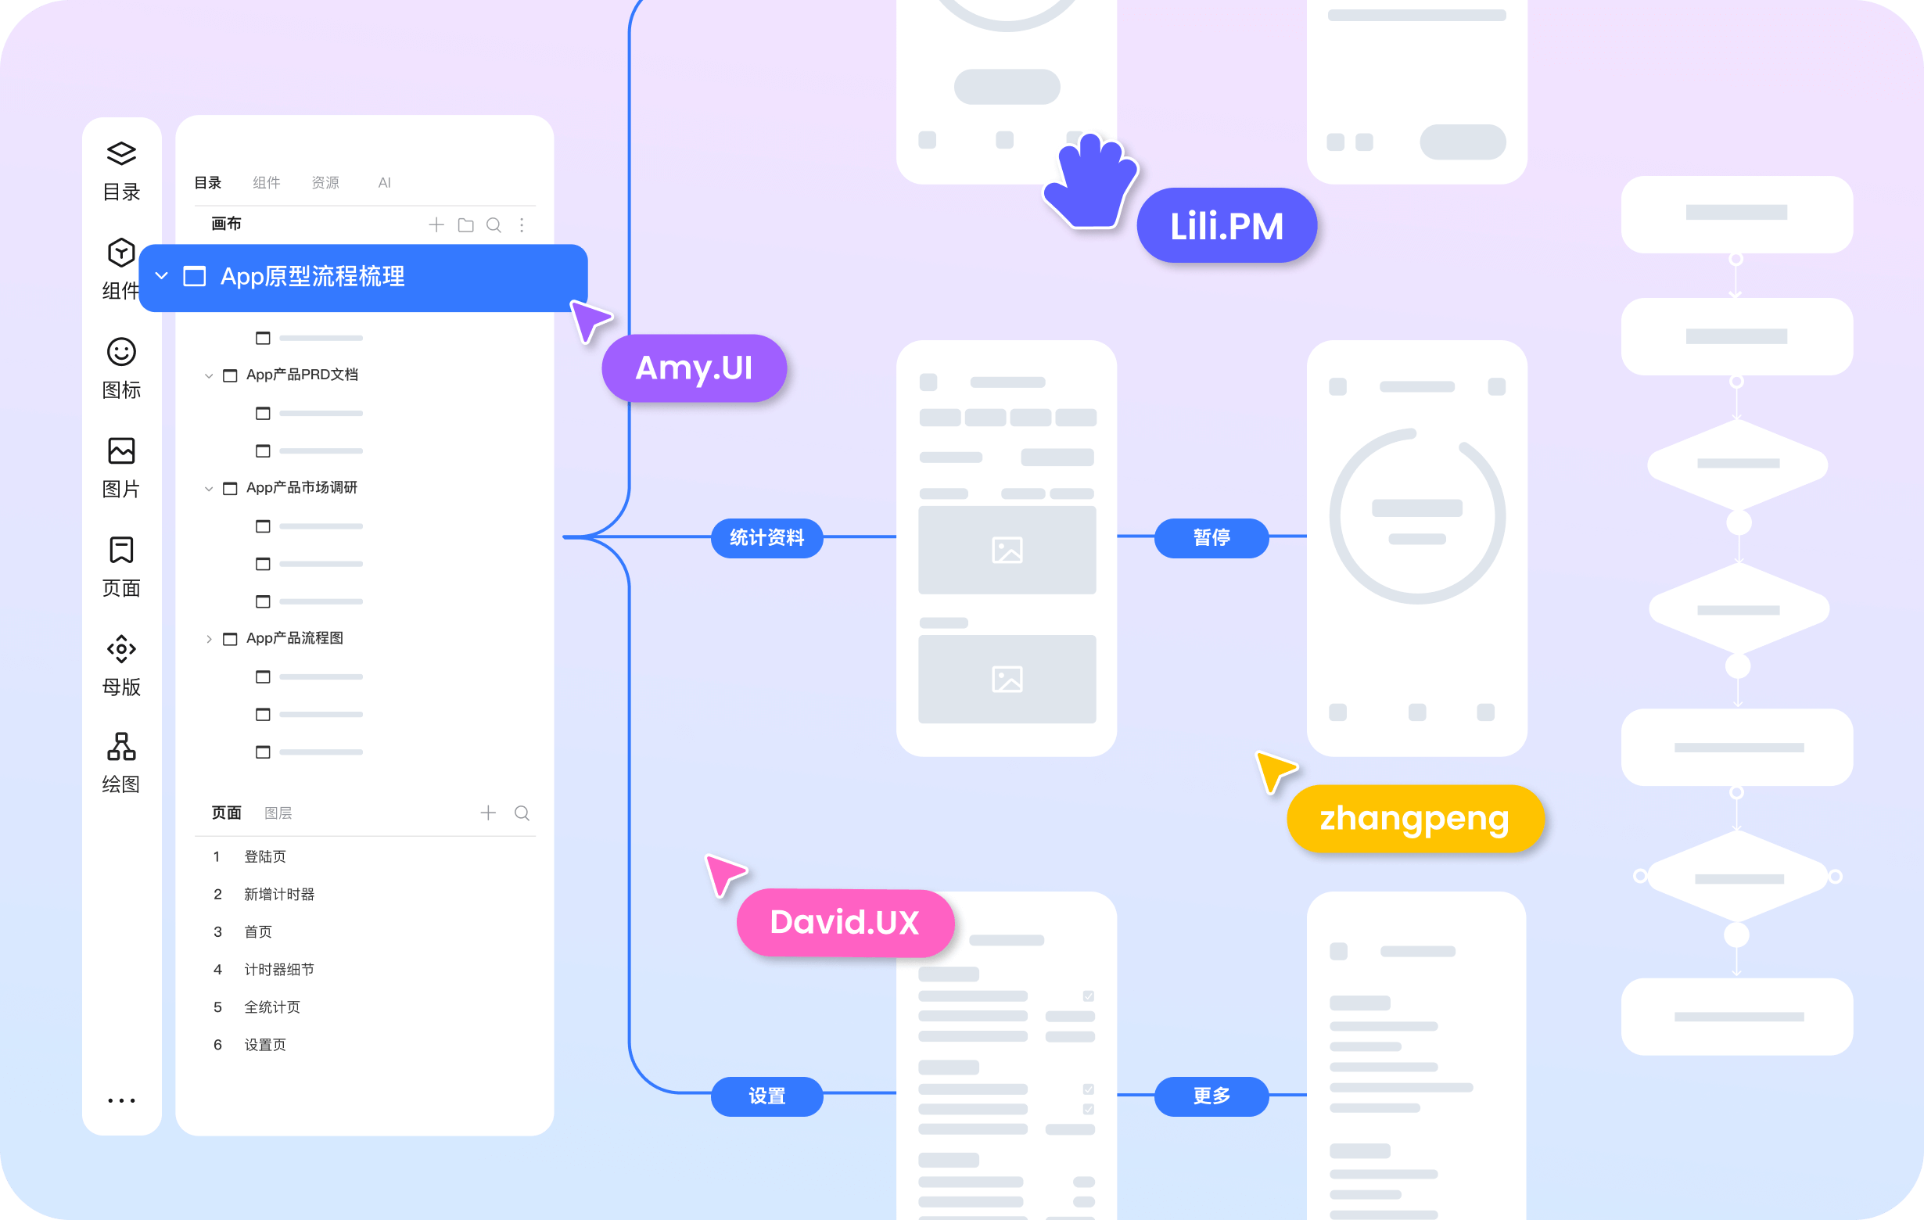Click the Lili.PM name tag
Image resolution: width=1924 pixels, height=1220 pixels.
1226,226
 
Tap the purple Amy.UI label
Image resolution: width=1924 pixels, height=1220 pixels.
694,368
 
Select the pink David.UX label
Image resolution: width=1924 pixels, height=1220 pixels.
845,923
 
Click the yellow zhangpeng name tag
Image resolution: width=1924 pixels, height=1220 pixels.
1414,819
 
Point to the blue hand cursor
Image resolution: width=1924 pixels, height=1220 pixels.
1091,181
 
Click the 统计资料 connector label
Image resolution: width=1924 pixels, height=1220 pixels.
767,538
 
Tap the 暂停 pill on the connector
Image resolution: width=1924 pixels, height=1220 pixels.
1211,538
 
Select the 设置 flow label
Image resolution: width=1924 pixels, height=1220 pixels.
767,1096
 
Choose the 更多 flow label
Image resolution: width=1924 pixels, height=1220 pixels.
1211,1096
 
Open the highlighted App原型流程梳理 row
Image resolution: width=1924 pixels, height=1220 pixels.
364,277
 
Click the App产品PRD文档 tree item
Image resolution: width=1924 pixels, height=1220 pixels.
302,375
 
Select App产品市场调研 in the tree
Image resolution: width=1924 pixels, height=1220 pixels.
302,487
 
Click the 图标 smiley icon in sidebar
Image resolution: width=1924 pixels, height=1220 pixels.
121,352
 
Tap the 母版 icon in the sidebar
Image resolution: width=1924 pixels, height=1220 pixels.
121,649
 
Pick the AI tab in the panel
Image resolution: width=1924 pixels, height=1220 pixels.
384,183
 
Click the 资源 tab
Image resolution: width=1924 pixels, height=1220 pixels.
325,183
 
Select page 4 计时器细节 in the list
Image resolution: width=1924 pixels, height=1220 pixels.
279,970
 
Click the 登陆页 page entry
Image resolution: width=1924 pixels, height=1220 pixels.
264,857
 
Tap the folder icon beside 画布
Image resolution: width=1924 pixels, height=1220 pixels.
466,225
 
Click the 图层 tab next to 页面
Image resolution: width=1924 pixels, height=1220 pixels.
278,813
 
